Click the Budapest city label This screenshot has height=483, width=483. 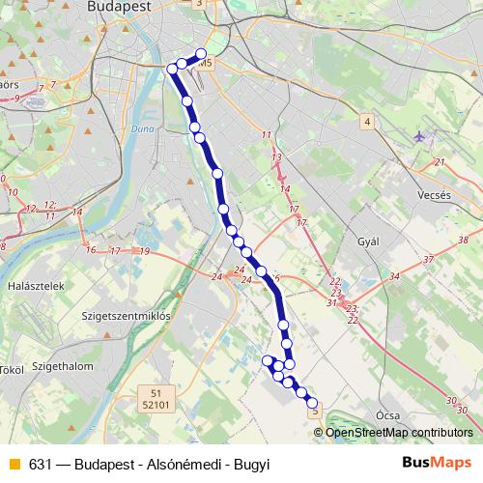(121, 7)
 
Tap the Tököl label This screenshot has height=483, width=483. (11, 370)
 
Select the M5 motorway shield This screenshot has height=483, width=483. (203, 65)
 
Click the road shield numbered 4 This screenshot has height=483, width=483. (367, 122)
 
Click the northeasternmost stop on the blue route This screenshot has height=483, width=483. (201, 54)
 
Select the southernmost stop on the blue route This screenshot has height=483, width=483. (312, 403)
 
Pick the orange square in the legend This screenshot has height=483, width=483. (14, 464)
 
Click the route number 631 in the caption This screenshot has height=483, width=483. (40, 464)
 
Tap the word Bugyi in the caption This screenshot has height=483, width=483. (250, 464)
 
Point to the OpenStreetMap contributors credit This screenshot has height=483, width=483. (400, 432)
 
